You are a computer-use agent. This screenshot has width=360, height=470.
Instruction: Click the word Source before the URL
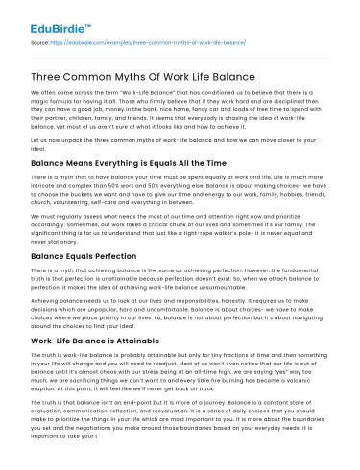point(40,43)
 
